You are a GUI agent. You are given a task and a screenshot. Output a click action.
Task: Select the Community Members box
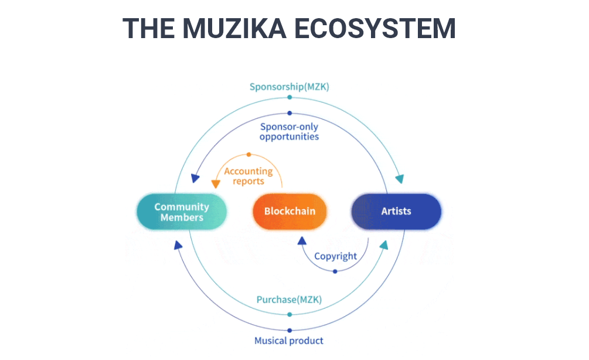182,212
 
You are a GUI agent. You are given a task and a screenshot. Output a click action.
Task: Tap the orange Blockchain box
290,211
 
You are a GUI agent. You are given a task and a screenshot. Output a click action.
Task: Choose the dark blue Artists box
396,211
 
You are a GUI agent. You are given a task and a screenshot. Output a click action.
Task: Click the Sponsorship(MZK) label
290,87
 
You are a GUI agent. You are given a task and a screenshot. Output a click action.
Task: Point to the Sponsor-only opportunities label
290,131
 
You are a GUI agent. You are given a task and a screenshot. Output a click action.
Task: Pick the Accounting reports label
248,176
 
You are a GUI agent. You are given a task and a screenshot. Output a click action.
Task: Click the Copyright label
335,256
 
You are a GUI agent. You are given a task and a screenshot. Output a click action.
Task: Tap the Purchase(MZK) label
289,300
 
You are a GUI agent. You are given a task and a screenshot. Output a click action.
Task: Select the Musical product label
289,340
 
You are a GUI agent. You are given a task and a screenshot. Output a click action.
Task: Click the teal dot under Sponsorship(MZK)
290,97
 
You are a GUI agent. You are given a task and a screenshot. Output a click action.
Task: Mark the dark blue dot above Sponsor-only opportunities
290,113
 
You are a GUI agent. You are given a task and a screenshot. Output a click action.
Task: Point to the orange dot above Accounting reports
248,155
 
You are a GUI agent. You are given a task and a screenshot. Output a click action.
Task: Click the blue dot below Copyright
335,271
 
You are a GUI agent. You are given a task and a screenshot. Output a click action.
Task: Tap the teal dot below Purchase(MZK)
290,314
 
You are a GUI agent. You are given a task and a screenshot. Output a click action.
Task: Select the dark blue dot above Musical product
290,330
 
